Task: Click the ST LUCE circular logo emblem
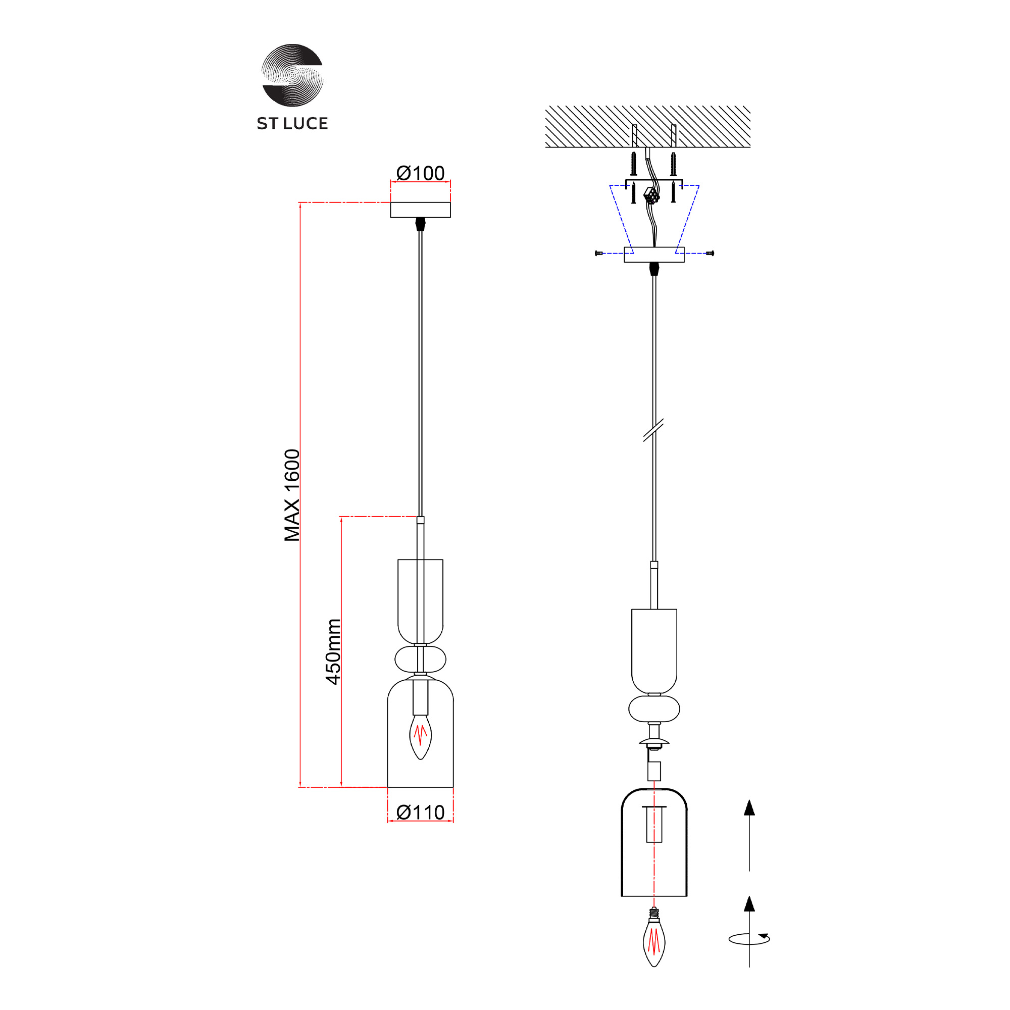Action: click(x=292, y=75)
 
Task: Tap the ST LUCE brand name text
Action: click(x=292, y=123)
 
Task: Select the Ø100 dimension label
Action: click(x=420, y=173)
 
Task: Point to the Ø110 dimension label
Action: click(x=420, y=812)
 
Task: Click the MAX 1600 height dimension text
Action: click(x=292, y=495)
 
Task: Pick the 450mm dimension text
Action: click(x=333, y=651)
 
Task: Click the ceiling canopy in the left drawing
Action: click(x=420, y=210)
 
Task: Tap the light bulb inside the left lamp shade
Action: click(x=420, y=737)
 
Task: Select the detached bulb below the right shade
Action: click(x=654, y=938)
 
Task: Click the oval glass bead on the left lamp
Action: click(x=420, y=659)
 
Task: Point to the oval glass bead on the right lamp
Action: click(x=654, y=709)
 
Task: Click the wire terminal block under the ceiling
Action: click(x=651, y=195)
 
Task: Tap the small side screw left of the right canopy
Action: click(x=599, y=253)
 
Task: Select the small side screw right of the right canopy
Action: click(x=710, y=253)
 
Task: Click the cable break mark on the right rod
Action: click(x=653, y=430)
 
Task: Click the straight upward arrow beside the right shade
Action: click(x=749, y=835)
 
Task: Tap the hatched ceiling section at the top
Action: click(x=648, y=127)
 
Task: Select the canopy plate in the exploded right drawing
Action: click(x=654, y=255)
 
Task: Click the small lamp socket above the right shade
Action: click(x=654, y=771)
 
